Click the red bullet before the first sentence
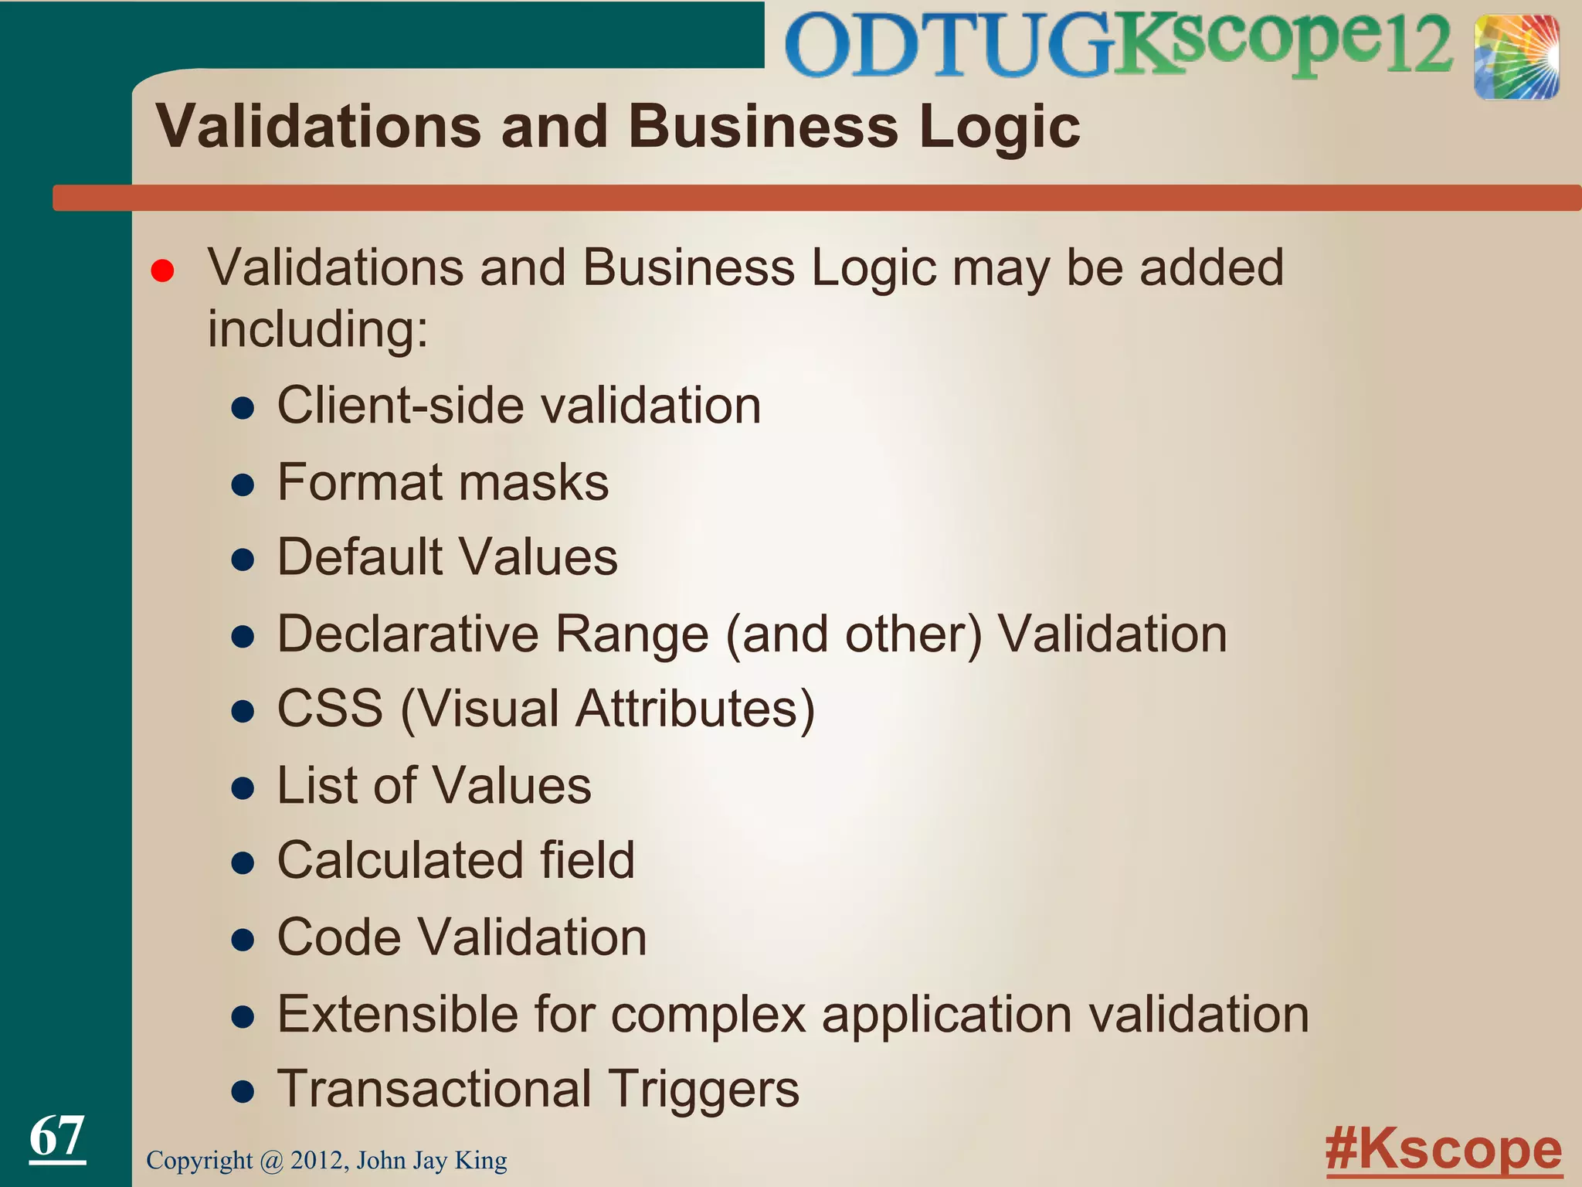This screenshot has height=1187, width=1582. coord(162,271)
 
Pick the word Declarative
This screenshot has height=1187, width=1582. coord(408,634)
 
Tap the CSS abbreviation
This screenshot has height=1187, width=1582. coord(330,708)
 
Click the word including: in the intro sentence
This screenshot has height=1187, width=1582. coord(317,329)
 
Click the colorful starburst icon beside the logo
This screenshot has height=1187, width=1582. coord(1516,56)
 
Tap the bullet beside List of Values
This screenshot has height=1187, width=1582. coord(243,788)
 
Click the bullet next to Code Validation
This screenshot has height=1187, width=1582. coord(243,940)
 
